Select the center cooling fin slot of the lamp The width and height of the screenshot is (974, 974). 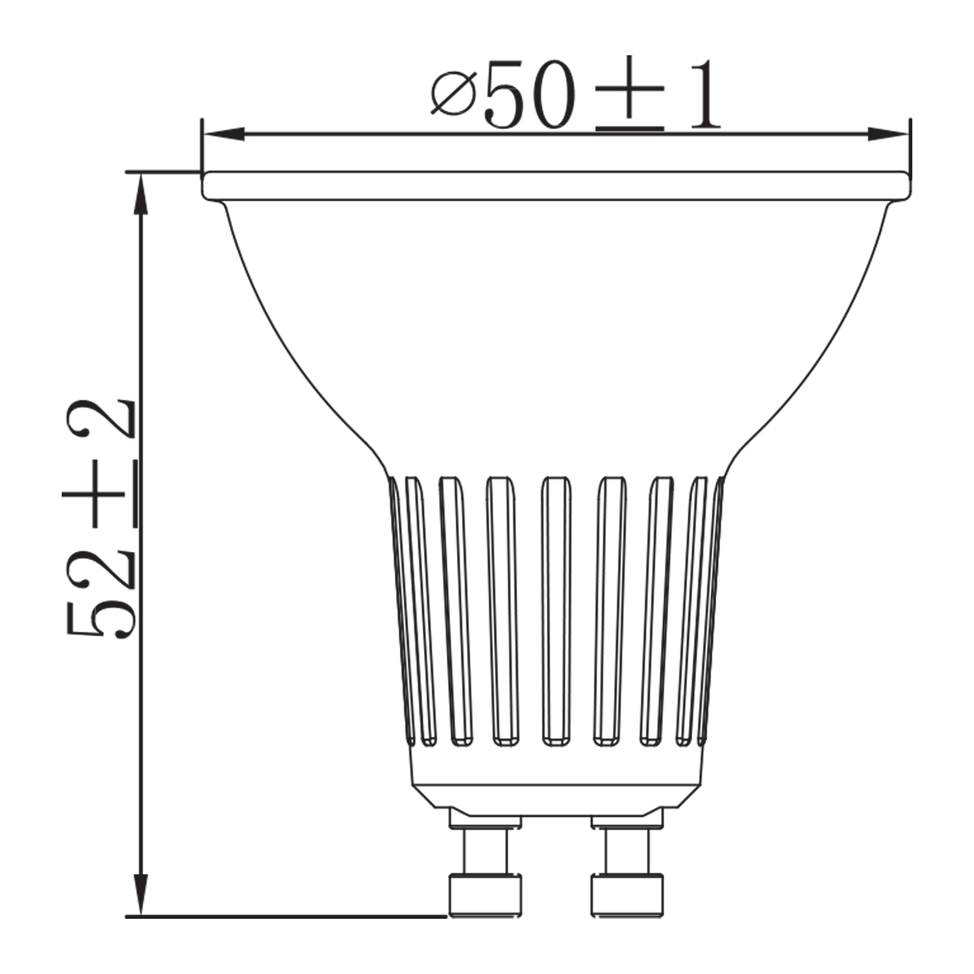pyautogui.click(x=556, y=610)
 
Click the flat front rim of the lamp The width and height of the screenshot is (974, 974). pyautogui.click(x=556, y=186)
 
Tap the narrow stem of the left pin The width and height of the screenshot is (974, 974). pyautogui.click(x=484, y=851)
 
